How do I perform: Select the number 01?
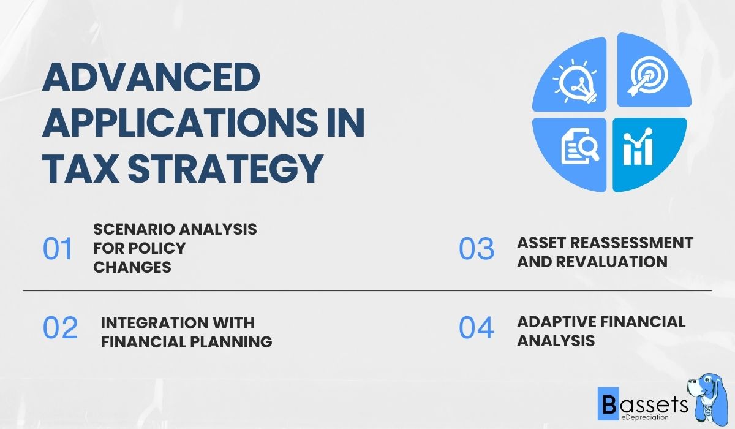click(x=58, y=249)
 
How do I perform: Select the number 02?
click(x=60, y=328)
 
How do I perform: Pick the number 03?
click(x=477, y=249)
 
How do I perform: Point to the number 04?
click(x=477, y=328)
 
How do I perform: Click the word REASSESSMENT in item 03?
click(x=630, y=243)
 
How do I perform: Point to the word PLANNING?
click(x=235, y=342)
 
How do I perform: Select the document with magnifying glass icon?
click(x=578, y=148)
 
